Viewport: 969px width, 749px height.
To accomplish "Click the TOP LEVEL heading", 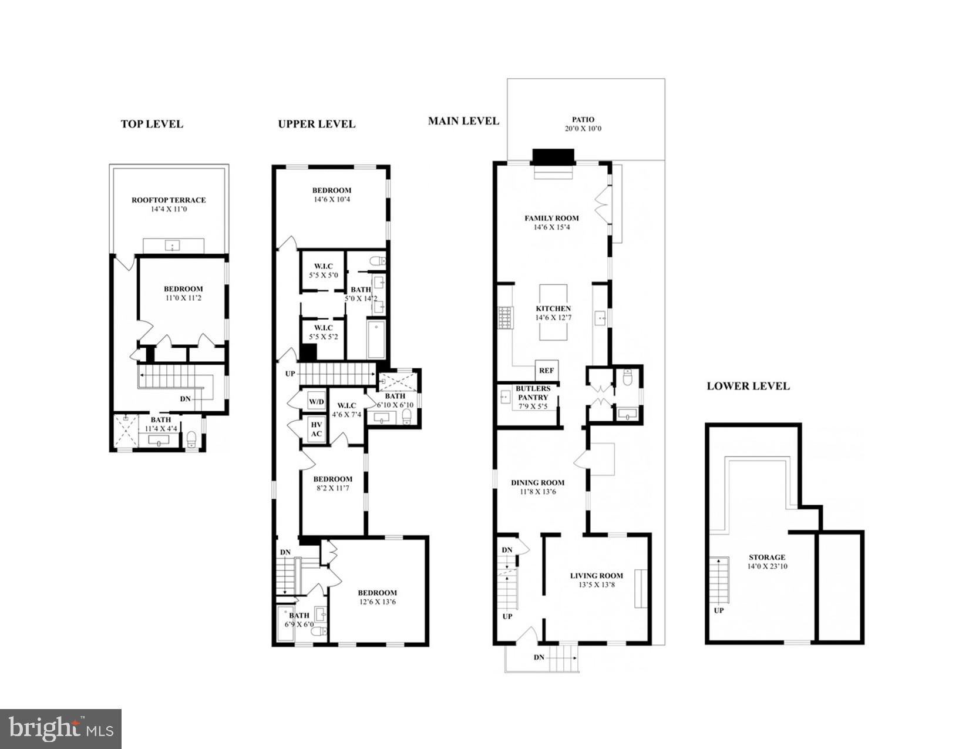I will (152, 124).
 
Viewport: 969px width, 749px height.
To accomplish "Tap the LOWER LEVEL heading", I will (748, 386).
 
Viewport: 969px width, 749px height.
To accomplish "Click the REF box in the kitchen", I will (546, 371).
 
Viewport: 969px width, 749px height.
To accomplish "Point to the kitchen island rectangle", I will (553, 312).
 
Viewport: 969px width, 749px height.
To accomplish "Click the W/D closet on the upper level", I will (316, 402).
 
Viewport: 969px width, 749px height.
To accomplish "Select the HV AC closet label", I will (316, 429).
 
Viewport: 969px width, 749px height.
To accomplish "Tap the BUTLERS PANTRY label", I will (533, 393).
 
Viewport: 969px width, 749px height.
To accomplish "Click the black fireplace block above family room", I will (553, 157).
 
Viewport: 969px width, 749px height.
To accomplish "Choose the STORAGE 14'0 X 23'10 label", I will (766, 562).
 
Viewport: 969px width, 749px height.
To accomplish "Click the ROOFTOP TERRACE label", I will (169, 200).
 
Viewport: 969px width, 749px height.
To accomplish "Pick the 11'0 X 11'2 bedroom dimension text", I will (183, 298).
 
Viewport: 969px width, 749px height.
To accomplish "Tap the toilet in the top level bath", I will (191, 438).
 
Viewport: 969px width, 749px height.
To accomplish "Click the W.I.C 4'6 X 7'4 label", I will (346, 410).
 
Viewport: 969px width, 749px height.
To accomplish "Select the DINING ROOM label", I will (537, 482).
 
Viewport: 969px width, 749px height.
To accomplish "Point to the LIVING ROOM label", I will (596, 576).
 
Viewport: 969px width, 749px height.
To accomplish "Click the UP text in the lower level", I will (719, 610).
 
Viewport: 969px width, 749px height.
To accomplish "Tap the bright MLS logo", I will (60, 729).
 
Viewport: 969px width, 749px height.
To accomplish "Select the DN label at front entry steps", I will (539, 657).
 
